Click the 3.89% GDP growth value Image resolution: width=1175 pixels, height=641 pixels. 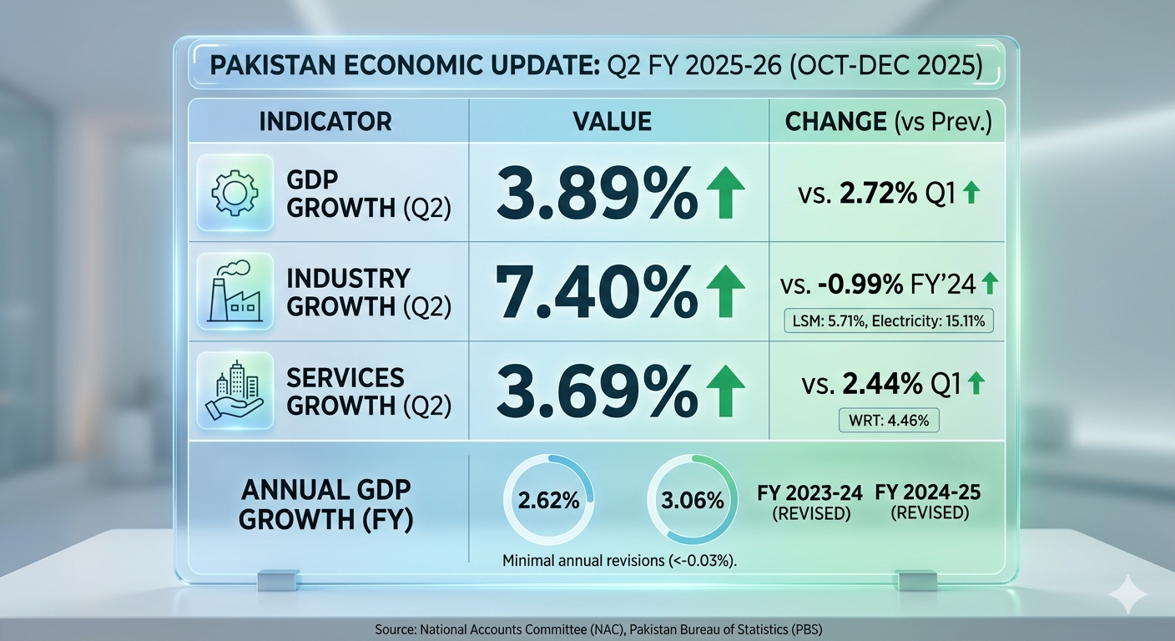point(594,194)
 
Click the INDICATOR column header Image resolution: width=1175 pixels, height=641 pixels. point(325,121)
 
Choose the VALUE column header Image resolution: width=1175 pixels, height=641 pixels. point(612,121)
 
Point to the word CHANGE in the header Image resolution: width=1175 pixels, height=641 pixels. point(835,121)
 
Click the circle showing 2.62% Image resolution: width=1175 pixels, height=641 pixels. point(548,501)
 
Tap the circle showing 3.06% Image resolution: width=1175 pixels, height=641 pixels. point(692,501)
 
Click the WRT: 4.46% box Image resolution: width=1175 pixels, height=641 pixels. point(889,419)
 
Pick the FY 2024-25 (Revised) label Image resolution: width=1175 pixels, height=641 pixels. point(928,502)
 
